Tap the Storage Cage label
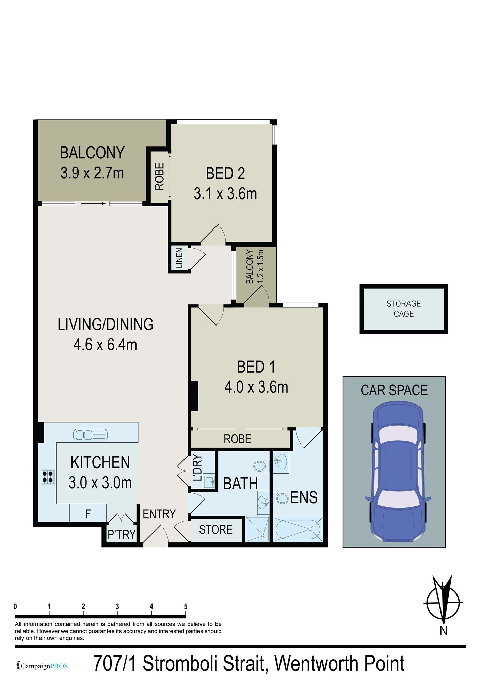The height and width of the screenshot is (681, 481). coord(404,308)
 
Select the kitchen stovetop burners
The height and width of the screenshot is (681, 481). coord(48,477)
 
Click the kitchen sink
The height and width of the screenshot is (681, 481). coord(90,435)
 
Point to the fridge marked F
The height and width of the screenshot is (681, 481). coord(88,514)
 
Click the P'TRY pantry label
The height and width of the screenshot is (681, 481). coord(122,535)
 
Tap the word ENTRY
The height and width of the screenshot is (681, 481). coord(159,514)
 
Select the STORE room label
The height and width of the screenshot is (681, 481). coord(216,529)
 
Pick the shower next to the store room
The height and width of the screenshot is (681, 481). coord(257,529)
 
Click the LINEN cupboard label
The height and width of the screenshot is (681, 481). coord(179,258)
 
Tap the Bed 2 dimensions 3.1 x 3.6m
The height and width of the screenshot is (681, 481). coord(225,194)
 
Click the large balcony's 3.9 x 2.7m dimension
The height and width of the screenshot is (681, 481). coord(92,173)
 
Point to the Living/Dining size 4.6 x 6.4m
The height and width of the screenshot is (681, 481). coord(105,345)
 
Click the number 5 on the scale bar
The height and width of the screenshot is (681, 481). coord(186,606)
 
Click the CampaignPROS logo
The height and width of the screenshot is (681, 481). coord(42,666)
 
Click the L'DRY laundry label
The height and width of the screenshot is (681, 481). coord(197,468)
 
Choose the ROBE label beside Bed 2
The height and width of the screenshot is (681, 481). coord(159,176)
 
